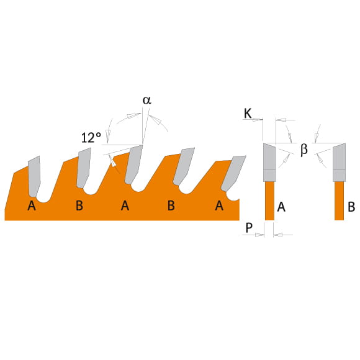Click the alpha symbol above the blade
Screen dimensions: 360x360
(147, 101)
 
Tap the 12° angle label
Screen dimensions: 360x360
(91, 138)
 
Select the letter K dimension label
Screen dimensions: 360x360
(248, 114)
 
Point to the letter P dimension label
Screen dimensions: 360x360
(249, 228)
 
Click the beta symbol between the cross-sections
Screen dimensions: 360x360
(304, 150)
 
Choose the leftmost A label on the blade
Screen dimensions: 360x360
(32, 205)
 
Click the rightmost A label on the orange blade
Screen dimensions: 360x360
(219, 205)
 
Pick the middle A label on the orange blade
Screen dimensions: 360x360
(125, 205)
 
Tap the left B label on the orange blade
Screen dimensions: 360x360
(79, 205)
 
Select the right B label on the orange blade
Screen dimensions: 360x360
(171, 205)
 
